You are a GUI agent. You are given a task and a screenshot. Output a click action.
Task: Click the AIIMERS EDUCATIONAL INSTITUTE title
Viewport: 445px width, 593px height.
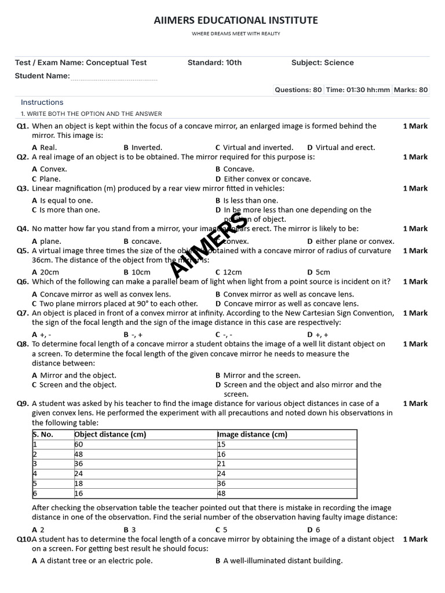pos(236,20)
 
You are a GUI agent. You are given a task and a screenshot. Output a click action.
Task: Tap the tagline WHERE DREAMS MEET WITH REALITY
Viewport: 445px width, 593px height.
pos(236,34)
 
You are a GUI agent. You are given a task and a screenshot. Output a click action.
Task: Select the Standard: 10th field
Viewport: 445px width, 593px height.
pos(214,63)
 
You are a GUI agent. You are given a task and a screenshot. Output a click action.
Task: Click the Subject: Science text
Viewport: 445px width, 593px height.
pos(322,63)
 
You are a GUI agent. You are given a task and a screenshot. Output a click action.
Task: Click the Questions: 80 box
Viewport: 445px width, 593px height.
pos(298,90)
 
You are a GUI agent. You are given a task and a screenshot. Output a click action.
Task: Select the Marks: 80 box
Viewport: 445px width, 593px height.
pos(410,90)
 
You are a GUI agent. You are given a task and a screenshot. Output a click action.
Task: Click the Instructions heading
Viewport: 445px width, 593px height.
pos(42,102)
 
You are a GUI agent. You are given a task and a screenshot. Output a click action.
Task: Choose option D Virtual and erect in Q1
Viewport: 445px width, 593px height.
pos(341,148)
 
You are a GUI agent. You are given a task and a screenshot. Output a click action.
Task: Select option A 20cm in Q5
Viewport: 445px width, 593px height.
pos(46,272)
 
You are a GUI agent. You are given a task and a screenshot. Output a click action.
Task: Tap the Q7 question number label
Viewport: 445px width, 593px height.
pos(23,313)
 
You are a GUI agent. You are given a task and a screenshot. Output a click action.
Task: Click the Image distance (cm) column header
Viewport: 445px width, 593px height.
pos(252,434)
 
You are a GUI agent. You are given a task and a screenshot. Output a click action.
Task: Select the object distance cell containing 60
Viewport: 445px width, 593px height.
pos(79,444)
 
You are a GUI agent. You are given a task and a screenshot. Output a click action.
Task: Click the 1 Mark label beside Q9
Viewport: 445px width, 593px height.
pos(415,404)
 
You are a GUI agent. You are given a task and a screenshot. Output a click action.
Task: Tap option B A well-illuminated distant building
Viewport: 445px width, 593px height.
pos(279,561)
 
